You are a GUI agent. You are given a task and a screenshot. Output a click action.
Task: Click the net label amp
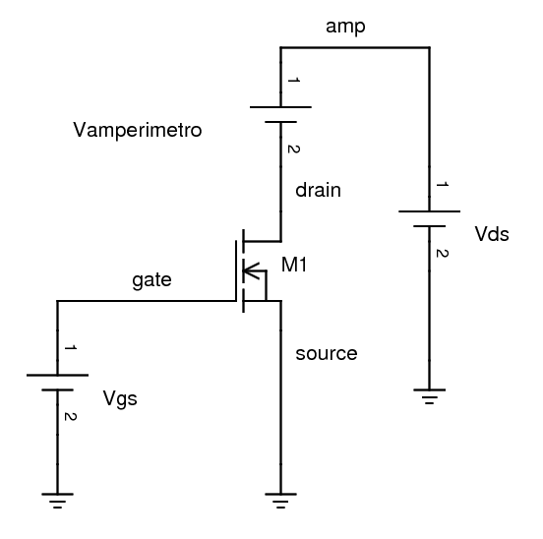pyautogui.click(x=345, y=27)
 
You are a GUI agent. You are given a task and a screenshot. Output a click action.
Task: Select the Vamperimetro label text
pyautogui.click(x=137, y=130)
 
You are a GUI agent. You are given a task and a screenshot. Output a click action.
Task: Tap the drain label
pyautogui.click(x=318, y=190)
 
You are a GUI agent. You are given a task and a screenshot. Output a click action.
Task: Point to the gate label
pyautogui.click(x=151, y=280)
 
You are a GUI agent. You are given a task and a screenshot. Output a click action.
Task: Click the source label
pyautogui.click(x=326, y=353)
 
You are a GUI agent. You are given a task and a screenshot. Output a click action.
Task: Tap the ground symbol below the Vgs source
pyautogui.click(x=58, y=500)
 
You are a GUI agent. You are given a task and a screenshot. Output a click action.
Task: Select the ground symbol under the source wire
pyautogui.click(x=281, y=500)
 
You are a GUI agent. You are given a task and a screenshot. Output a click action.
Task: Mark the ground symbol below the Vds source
pyautogui.click(x=429, y=395)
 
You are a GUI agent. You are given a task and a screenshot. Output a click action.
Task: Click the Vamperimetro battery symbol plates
pyautogui.click(x=281, y=114)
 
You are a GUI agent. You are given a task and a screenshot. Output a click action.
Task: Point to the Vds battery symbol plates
pyautogui.click(x=429, y=217)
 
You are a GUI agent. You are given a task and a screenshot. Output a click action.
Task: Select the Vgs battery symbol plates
pyautogui.click(x=58, y=382)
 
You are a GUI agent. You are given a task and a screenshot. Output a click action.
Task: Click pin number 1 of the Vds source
pyautogui.click(x=441, y=186)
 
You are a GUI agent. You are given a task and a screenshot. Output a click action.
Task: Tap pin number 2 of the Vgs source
pyautogui.click(x=70, y=417)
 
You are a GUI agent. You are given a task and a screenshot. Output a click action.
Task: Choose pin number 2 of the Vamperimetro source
pyautogui.click(x=292, y=150)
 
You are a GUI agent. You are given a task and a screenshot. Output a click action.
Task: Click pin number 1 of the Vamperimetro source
pyautogui.click(x=292, y=81)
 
